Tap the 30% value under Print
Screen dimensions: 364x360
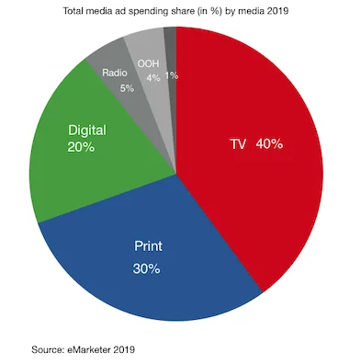click(146, 268)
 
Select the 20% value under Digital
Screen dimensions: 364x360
click(80, 147)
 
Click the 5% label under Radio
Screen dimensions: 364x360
click(126, 88)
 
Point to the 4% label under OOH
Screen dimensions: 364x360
click(152, 78)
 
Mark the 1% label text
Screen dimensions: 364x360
click(172, 75)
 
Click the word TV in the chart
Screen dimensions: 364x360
click(238, 144)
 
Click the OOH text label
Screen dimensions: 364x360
click(148, 63)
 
